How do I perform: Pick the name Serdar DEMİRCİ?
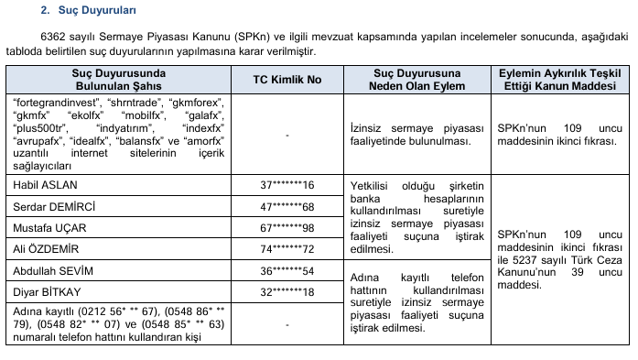[50, 206]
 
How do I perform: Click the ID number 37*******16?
[287, 185]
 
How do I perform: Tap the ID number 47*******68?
[287, 206]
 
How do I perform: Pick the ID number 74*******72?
[287, 249]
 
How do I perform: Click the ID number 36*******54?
[287, 271]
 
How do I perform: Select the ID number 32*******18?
[287, 292]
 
